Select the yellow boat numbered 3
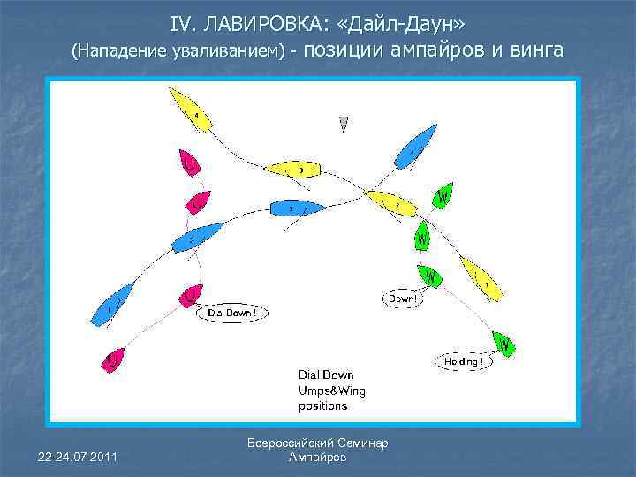point(293,169)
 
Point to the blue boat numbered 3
point(295,208)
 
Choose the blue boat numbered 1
point(115,301)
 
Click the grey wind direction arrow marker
point(343,125)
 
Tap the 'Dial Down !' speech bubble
point(232,313)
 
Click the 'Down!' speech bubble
point(402,299)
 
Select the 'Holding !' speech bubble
point(462,361)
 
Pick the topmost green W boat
point(443,195)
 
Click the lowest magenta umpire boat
point(114,359)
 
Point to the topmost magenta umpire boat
point(189,163)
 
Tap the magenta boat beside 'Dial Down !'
point(190,295)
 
